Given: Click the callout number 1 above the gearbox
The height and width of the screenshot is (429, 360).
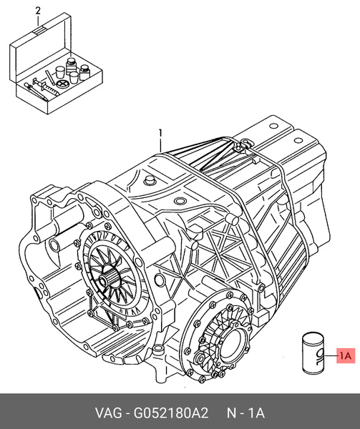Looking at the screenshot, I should pos(161,132).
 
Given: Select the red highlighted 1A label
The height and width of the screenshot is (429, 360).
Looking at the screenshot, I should pos(345,355).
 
